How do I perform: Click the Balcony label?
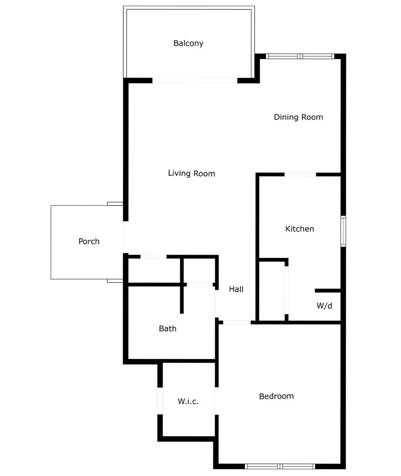188,43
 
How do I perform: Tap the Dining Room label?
298,117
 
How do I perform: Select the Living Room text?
191,174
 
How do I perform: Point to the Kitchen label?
300,229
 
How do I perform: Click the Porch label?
89,242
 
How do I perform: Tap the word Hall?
236,289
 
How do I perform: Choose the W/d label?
324,305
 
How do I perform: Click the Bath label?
168,328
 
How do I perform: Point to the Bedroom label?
276,396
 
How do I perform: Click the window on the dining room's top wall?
300,56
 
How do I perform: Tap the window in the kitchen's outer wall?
343,231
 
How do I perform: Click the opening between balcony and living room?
195,81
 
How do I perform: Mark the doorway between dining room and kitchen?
300,174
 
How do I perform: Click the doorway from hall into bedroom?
237,322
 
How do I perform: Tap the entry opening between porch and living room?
125,237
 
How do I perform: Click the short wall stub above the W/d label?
328,291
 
